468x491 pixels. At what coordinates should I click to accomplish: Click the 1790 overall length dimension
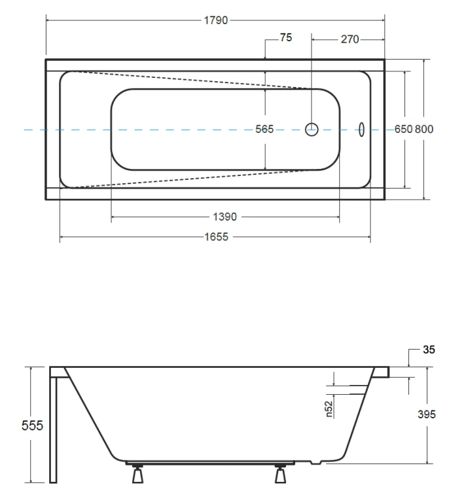pyautogui.click(x=216, y=20)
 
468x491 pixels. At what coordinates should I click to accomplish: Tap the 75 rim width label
pyautogui.click(x=286, y=37)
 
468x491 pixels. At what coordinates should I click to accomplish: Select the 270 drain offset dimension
pyautogui.click(x=350, y=39)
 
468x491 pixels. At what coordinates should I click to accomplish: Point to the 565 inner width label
pyautogui.click(x=264, y=129)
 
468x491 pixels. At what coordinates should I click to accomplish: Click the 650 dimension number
pyautogui.click(x=403, y=129)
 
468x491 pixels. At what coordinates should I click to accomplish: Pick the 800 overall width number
pyautogui.click(x=424, y=129)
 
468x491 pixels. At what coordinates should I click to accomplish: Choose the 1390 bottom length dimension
pyautogui.click(x=225, y=217)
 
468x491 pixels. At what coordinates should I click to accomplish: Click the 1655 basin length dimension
pyautogui.click(x=216, y=237)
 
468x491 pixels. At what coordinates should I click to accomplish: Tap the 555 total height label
pyautogui.click(x=32, y=426)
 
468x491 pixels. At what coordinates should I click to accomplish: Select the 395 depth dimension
pyautogui.click(x=426, y=414)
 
